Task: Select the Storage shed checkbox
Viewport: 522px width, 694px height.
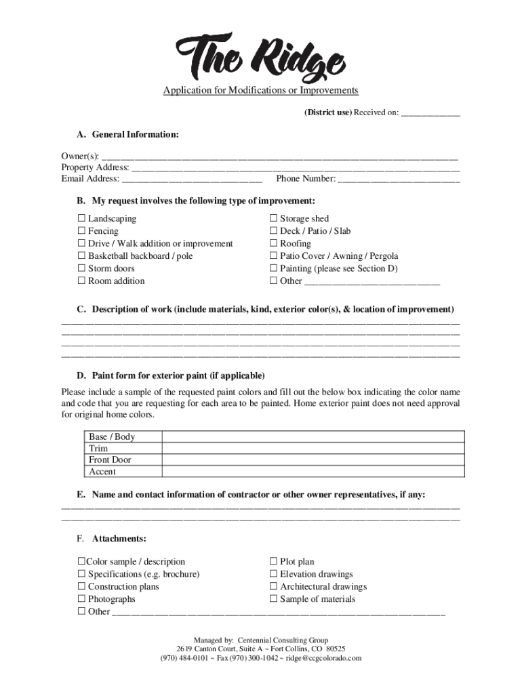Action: point(274,218)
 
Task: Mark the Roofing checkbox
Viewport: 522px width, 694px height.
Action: point(274,243)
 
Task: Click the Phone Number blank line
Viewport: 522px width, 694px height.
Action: point(399,180)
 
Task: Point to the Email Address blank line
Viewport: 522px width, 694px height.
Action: point(192,180)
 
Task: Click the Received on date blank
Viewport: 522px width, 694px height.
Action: point(430,113)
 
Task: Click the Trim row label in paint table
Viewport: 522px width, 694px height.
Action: point(98,449)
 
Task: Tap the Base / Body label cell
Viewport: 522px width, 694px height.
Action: point(112,437)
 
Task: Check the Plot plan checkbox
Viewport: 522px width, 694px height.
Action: point(274,561)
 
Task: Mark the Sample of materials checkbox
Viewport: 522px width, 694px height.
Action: point(274,599)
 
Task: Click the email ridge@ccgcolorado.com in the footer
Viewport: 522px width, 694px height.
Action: point(323,658)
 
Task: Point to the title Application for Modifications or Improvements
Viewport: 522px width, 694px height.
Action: point(260,91)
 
